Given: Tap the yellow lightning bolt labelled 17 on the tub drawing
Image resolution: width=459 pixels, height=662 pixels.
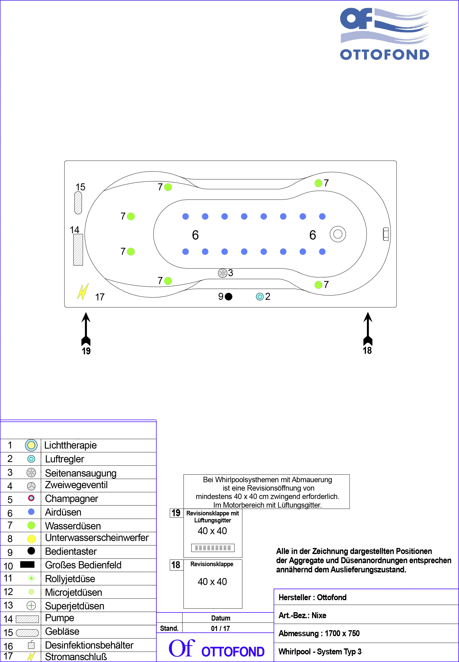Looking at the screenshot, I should pos(83,292).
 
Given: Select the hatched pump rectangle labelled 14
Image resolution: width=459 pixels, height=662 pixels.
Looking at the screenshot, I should pos(78,250).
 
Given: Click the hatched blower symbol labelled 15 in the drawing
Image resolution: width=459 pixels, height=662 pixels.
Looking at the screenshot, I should pos(78,203).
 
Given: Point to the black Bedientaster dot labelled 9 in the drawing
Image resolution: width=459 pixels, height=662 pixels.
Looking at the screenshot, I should pos(229,296).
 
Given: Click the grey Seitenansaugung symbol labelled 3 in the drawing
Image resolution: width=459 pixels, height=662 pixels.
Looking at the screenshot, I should pos(223,273).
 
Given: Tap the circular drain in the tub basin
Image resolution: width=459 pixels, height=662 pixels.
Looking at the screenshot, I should pos(338,234).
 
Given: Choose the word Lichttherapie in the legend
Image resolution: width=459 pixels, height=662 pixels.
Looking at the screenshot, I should pos(71,445).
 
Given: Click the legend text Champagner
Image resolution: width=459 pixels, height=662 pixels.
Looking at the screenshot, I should pos(72,499).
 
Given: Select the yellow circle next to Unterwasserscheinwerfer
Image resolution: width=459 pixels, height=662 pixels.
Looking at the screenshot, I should pos(31,539).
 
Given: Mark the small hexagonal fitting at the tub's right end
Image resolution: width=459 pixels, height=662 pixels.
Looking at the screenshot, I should pos(386,234).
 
